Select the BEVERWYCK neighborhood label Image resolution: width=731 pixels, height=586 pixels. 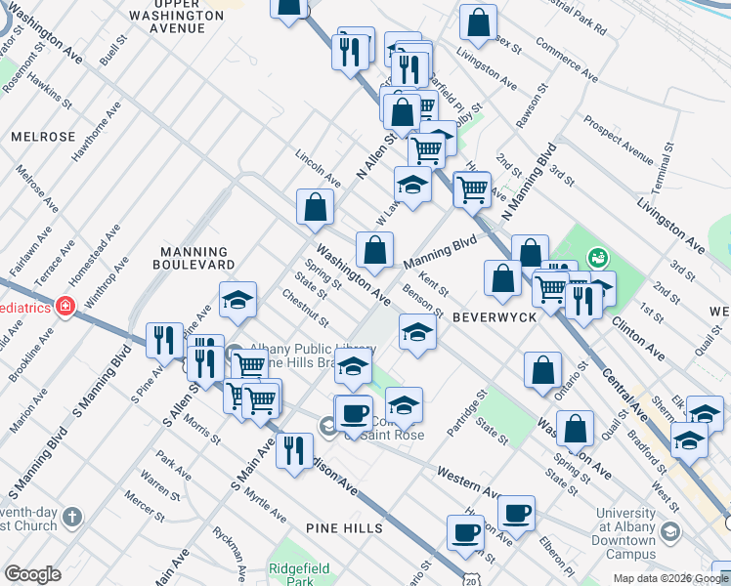pos(491,316)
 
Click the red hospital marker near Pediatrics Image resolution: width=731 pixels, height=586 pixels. pos(65,306)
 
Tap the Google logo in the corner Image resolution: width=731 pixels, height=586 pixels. pos(32,574)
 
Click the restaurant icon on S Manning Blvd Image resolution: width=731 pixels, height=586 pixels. pos(163,341)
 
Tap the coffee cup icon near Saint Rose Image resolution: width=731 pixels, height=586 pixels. pos(353,413)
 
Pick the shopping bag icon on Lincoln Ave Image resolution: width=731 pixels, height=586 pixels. pos(316,207)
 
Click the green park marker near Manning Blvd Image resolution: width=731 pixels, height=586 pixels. pos(596,259)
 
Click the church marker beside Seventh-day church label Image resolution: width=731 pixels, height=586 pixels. pos(71,517)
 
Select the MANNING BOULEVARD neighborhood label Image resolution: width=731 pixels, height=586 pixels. pos(196,259)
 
